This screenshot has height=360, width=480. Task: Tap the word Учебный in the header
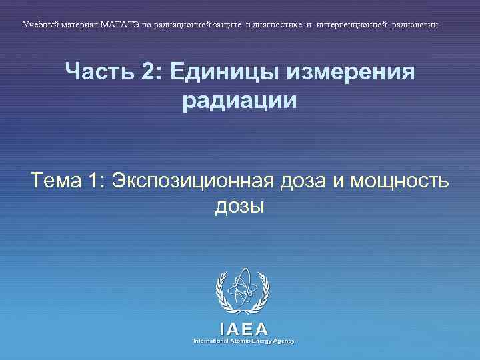click(40, 24)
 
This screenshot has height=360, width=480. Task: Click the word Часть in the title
click(99, 71)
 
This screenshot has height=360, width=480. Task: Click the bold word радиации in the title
click(239, 101)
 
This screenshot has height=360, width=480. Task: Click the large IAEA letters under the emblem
click(243, 329)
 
